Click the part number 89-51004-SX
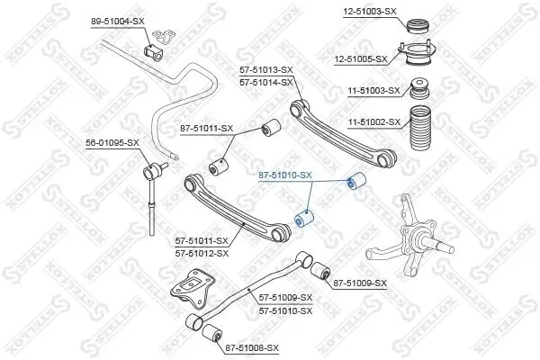(117, 22)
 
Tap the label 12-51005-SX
(361, 59)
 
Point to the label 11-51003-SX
(374, 91)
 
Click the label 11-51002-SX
(374, 122)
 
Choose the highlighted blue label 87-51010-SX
(285, 175)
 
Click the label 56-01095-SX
(112, 142)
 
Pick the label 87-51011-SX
(207, 129)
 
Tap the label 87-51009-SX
(360, 283)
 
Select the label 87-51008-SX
(252, 348)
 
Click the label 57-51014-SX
(266, 83)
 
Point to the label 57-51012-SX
(202, 254)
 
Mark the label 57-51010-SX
(285, 311)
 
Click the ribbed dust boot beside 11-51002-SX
(419, 130)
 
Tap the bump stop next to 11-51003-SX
(420, 90)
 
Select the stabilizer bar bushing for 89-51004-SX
(154, 52)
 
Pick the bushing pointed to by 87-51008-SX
(211, 333)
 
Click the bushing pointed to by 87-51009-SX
(320, 271)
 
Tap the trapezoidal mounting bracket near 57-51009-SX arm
(193, 288)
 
